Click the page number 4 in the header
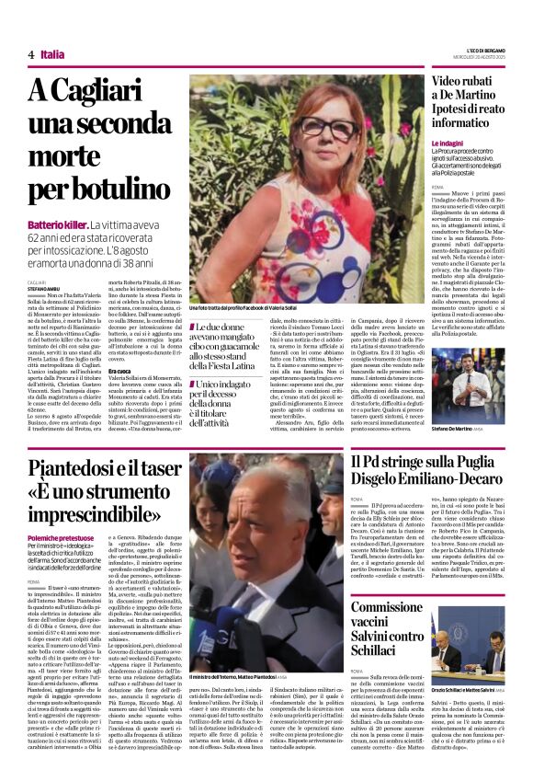tap(31, 54)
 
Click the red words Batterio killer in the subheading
tap(58, 224)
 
